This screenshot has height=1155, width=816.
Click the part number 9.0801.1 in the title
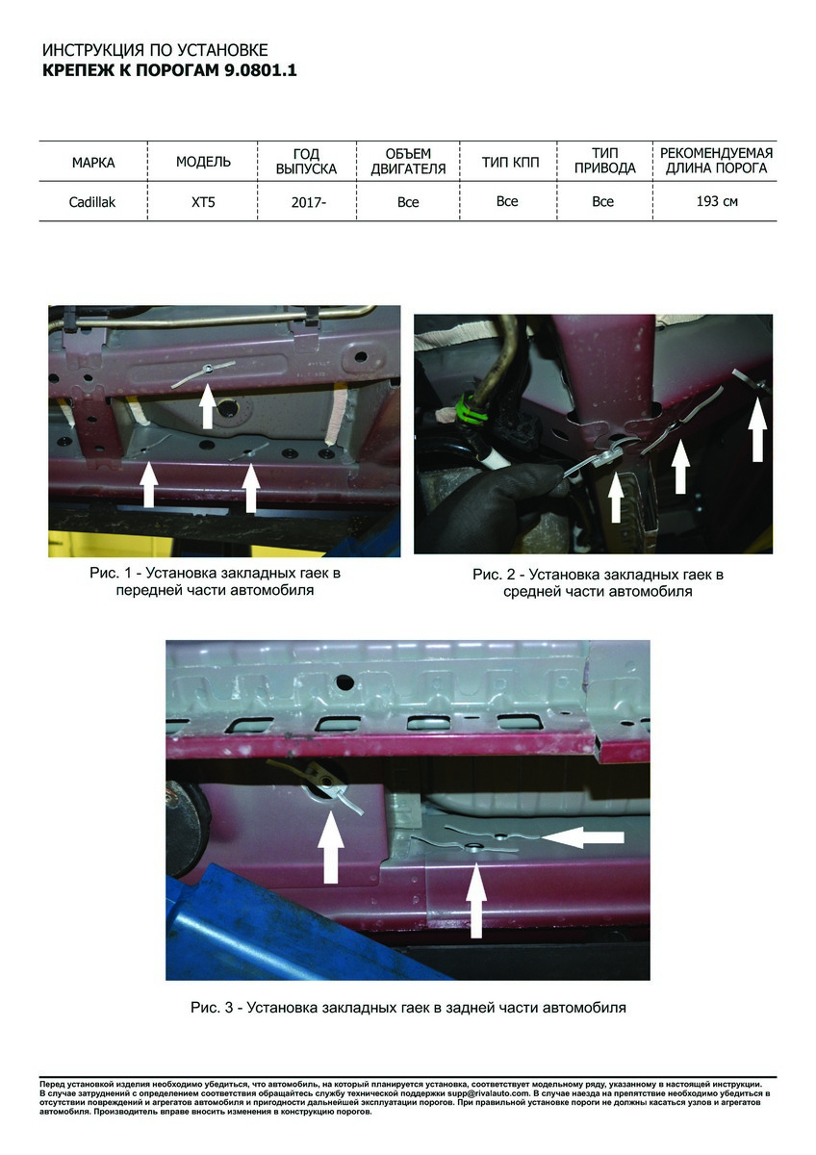[260, 70]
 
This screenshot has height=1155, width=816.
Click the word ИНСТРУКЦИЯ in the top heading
[93, 50]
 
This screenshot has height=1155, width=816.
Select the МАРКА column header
[93, 163]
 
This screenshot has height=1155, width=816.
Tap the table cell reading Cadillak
[92, 201]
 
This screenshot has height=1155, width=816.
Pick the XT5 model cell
[203, 201]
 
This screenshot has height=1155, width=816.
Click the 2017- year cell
[308, 202]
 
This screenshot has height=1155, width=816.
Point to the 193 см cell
[717, 201]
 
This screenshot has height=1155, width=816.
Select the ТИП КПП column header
[510, 163]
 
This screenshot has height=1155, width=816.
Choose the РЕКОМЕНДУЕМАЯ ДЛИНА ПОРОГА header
[717, 161]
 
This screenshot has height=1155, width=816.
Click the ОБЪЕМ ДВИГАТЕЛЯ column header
[408, 161]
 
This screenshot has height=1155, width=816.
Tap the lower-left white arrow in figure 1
[148, 484]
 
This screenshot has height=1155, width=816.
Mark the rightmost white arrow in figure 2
[757, 429]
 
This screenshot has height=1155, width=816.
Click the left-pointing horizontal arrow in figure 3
[583, 836]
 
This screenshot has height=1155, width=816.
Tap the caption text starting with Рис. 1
[215, 581]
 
